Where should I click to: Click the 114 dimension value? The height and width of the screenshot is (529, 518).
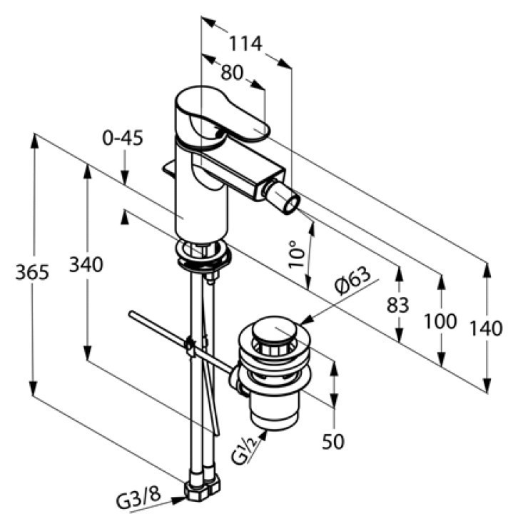click(x=245, y=43)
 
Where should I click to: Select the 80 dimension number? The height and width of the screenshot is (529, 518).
click(x=232, y=72)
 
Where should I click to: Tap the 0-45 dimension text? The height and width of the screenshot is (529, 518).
click(x=123, y=138)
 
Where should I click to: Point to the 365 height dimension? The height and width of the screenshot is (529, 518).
click(x=32, y=272)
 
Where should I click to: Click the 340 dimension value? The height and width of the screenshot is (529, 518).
click(x=86, y=264)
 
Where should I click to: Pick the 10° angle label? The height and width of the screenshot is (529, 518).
click(x=296, y=253)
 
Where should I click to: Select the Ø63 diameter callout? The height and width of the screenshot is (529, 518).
click(x=352, y=281)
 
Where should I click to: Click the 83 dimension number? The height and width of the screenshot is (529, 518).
click(x=397, y=305)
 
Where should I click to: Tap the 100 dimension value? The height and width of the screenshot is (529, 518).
click(x=440, y=321)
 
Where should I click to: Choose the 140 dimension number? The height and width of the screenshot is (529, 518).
click(x=486, y=328)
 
